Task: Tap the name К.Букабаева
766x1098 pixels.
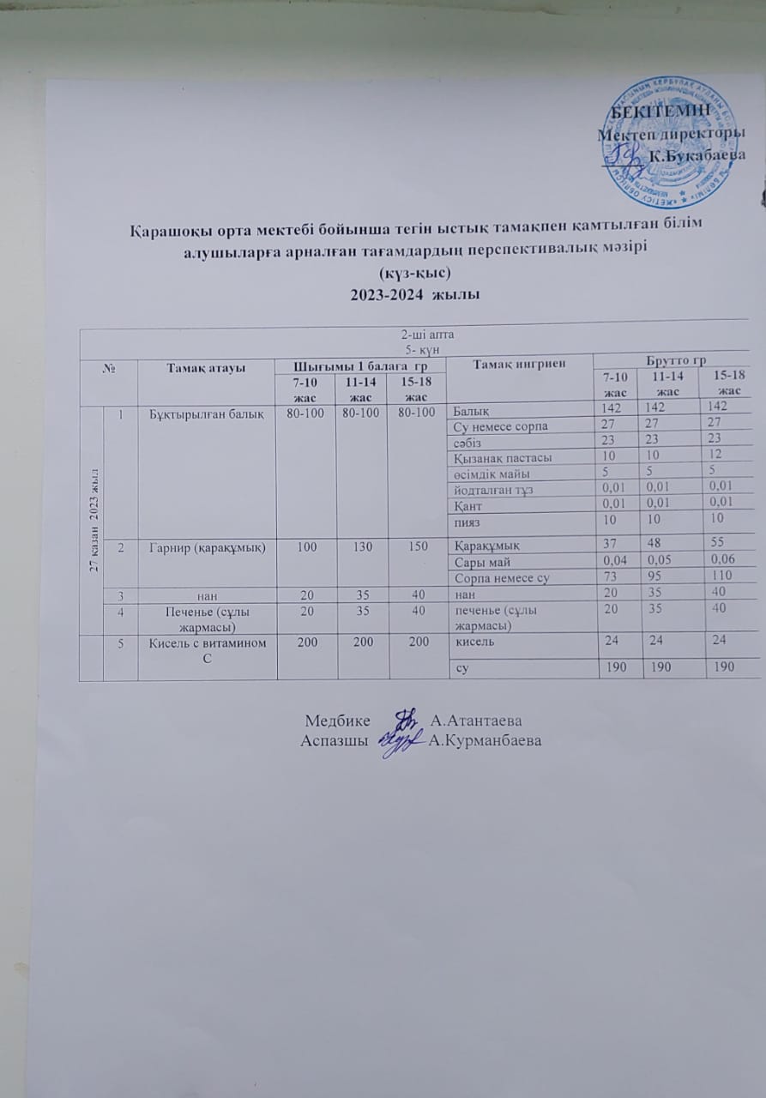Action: click(x=696, y=156)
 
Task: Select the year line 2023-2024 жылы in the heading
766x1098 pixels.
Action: click(x=415, y=294)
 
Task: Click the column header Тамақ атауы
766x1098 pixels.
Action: click(x=205, y=366)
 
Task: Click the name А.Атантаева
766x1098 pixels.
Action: click(x=477, y=720)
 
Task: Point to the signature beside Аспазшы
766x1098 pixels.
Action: click(x=401, y=739)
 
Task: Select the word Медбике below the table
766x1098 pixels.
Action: click(x=339, y=720)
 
